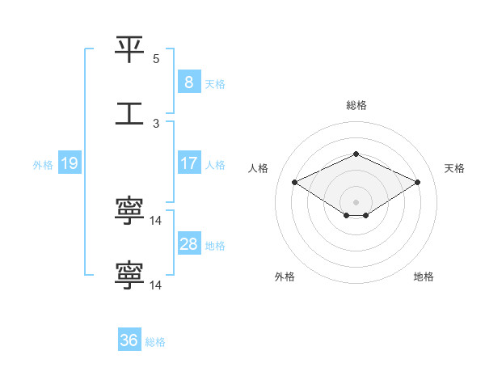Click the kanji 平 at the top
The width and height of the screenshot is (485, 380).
[130, 50]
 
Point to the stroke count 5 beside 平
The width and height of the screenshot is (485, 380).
[156, 59]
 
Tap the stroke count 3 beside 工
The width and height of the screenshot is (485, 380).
[156, 124]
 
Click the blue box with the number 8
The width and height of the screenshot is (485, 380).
[188, 82]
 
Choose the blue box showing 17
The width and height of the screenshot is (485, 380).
[188, 163]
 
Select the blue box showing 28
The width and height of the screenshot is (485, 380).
[188, 244]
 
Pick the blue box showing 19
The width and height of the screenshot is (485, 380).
[69, 163]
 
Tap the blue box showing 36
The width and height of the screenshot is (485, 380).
[129, 340]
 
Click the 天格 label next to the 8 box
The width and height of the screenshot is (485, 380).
[215, 83]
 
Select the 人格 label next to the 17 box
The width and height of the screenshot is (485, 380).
[215, 165]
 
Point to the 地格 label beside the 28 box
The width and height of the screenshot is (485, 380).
[215, 246]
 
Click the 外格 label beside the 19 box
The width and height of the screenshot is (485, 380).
[43, 165]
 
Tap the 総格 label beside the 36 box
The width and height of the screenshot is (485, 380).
[155, 342]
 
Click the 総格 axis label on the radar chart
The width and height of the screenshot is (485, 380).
[356, 105]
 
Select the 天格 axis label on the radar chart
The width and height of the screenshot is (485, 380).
[455, 168]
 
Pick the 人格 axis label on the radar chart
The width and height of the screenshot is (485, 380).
[259, 168]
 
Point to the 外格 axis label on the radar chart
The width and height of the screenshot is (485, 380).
[285, 277]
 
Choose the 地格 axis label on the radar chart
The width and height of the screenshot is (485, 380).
[424, 277]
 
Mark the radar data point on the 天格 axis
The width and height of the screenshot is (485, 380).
[418, 183]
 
